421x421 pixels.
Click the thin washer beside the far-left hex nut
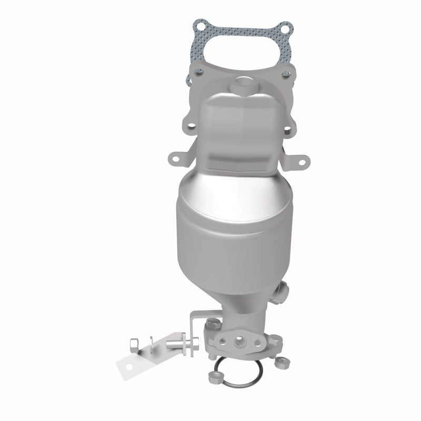[151, 345]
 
